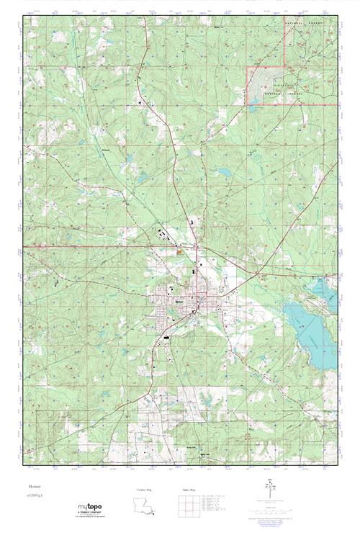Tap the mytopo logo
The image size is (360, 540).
89,510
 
